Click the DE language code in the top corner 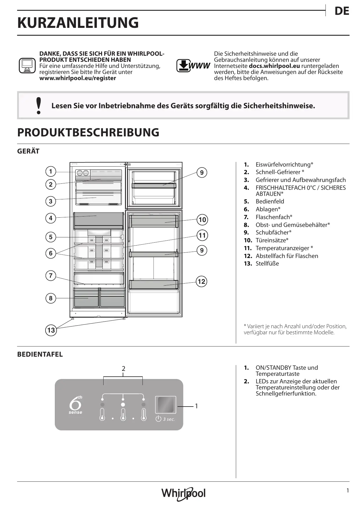coord(341,11)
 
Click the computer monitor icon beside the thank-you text coord(27,66)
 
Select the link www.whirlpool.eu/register coord(77,78)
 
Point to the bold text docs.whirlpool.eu coord(274,66)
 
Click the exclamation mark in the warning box coord(38,106)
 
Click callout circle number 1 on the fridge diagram coord(51,171)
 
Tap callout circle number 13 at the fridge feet coord(51,330)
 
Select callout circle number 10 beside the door coord(202,220)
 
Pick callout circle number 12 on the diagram coord(201,281)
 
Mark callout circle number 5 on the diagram coord(51,237)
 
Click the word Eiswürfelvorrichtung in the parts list coord(283,165)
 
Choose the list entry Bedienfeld coord(270,201)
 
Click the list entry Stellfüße coord(267,263)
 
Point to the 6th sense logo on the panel coord(75,405)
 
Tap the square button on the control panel coord(166,405)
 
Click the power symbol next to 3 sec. coord(158,419)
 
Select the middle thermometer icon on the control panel coord(123,414)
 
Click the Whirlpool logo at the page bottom coord(183,493)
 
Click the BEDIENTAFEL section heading coord(40,354)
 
